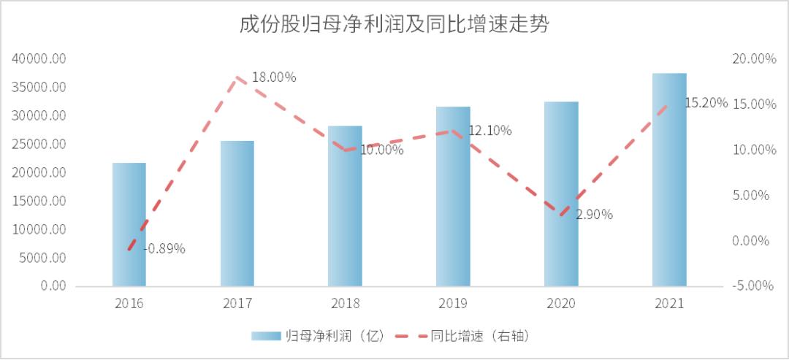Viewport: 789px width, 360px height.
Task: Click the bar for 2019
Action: (453, 196)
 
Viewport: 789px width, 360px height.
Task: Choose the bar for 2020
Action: (561, 194)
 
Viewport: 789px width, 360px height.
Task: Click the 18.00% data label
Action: (274, 77)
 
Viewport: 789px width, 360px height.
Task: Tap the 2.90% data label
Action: (594, 215)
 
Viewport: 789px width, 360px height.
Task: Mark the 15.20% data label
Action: (706, 103)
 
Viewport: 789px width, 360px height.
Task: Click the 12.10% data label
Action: (489, 131)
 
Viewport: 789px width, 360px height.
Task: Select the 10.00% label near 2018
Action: (381, 150)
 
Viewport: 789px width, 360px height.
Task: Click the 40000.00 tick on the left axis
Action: (39, 59)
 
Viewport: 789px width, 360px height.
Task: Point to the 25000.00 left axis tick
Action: (39, 145)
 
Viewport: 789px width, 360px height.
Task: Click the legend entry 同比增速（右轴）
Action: (460, 336)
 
